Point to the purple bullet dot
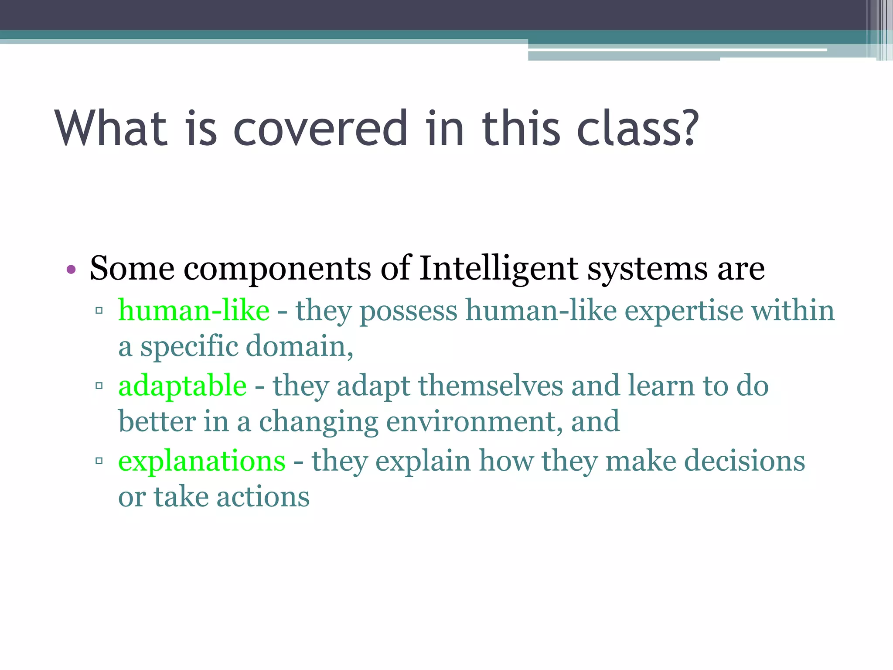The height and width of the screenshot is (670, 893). point(71,270)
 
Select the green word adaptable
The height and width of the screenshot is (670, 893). point(182,386)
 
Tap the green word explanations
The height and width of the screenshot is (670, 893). point(202,461)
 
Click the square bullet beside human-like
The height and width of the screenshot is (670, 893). point(99,311)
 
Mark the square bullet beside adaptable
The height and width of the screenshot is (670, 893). point(99,386)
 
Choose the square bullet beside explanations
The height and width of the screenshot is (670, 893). point(99,461)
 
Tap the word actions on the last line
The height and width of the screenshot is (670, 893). point(263,497)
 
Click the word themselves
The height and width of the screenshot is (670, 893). point(491,386)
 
